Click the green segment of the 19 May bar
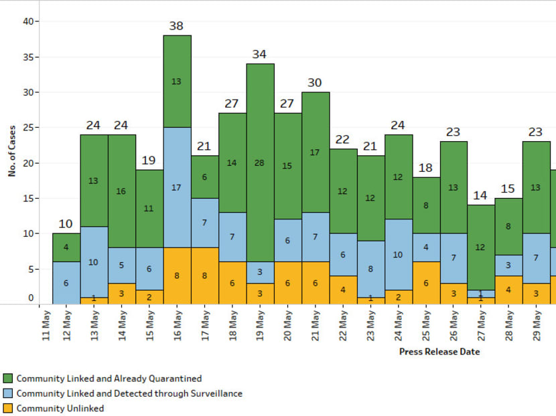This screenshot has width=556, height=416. click(x=260, y=163)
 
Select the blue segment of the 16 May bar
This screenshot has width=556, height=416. click(x=177, y=187)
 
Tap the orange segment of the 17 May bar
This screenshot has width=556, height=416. click(x=204, y=276)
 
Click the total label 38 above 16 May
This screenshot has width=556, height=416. click(x=177, y=27)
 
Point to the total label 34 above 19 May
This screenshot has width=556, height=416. click(x=260, y=55)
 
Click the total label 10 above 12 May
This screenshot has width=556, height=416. click(x=66, y=224)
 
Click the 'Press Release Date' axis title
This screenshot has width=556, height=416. click(x=439, y=351)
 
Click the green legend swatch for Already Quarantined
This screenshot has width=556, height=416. click(x=8, y=379)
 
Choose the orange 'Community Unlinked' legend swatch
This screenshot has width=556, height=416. click(x=8, y=408)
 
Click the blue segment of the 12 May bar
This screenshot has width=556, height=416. click(x=66, y=283)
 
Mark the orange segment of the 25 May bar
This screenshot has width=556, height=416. click(x=426, y=283)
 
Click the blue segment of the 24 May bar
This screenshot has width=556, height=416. click(x=399, y=255)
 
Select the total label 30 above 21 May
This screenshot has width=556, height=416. click(x=315, y=83)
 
